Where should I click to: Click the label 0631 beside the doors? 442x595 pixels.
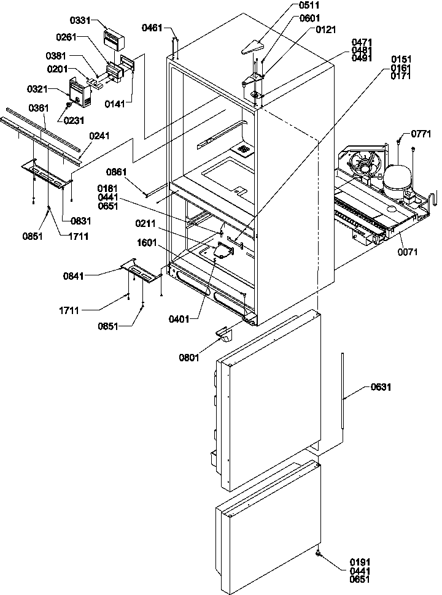tap(380, 387)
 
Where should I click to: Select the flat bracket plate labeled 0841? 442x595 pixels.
tap(141, 271)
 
